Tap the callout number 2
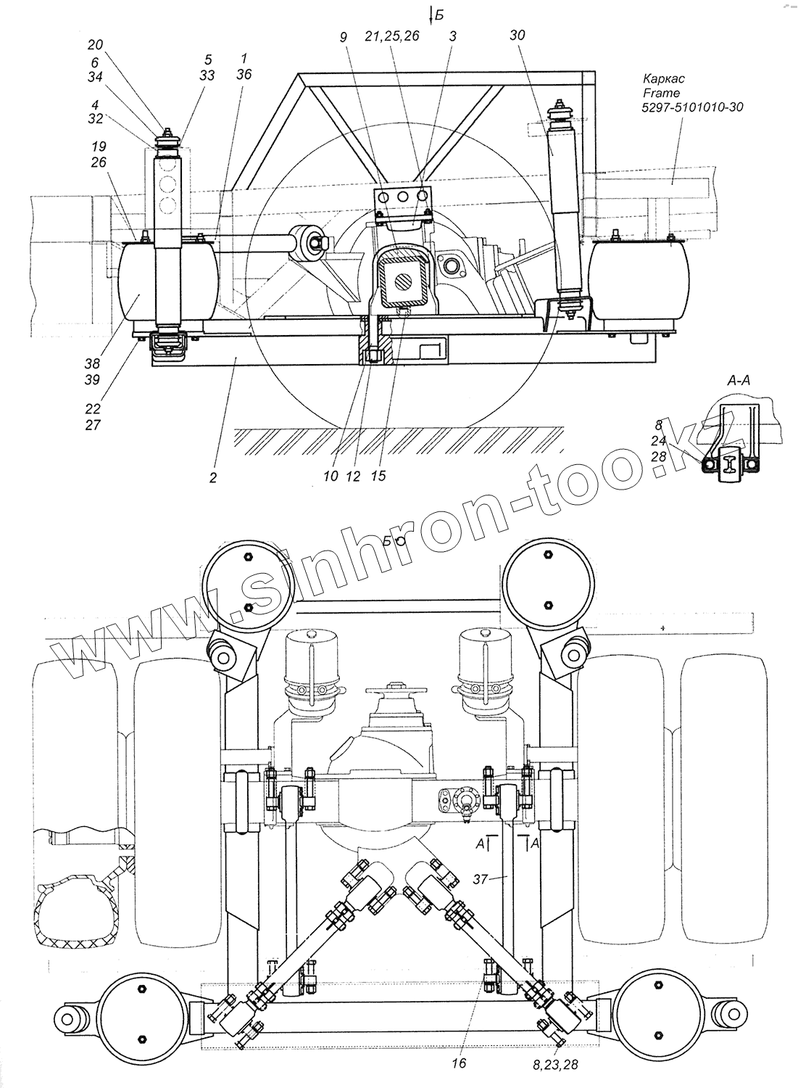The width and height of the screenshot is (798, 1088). click(213, 478)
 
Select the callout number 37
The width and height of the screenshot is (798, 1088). click(479, 880)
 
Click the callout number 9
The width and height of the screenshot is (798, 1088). click(343, 35)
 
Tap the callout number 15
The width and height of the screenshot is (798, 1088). click(378, 476)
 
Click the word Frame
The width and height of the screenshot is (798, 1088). click(662, 93)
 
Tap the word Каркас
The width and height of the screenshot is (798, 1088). click(664, 78)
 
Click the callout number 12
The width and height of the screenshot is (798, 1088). click(354, 476)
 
